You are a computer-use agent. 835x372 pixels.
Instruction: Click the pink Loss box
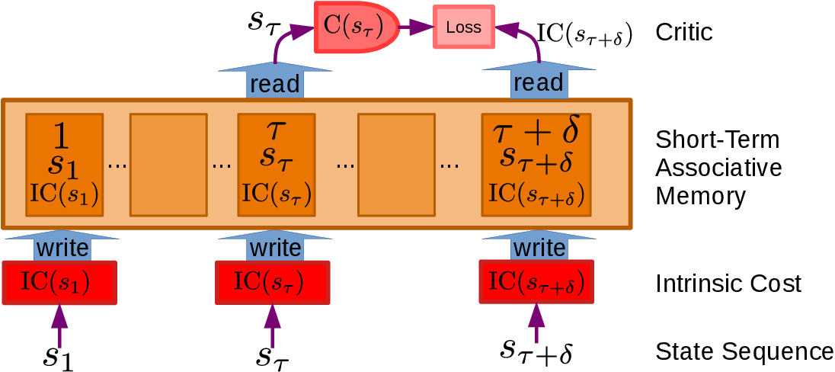click(x=464, y=27)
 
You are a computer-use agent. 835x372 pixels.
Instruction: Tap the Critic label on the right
click(x=684, y=32)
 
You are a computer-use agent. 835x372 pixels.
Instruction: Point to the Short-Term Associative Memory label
click(x=718, y=168)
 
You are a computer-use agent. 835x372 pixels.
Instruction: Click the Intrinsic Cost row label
click(x=728, y=284)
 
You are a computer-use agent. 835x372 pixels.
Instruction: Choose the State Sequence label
click(x=744, y=351)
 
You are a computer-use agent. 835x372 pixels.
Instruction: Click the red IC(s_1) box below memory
click(x=59, y=283)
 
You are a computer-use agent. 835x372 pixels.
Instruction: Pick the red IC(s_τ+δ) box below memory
click(x=536, y=282)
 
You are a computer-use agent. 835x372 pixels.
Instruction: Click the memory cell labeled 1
click(x=64, y=164)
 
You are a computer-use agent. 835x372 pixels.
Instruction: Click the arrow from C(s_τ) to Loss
click(x=416, y=27)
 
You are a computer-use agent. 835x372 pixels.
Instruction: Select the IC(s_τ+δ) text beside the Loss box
click(x=585, y=34)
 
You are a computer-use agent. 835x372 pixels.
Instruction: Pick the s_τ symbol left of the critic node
click(x=264, y=21)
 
